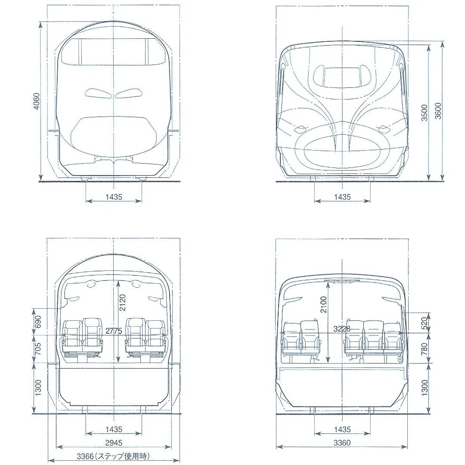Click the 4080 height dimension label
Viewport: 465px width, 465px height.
click(x=36, y=101)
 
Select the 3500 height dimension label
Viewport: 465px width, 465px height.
click(x=425, y=113)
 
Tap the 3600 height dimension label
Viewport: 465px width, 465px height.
click(x=438, y=111)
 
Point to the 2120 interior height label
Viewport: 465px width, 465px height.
click(x=122, y=303)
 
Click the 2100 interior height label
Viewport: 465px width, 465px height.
click(x=323, y=304)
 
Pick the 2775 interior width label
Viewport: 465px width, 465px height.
click(x=114, y=331)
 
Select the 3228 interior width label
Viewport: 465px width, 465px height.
click(x=341, y=329)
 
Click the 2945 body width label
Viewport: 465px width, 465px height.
click(x=114, y=443)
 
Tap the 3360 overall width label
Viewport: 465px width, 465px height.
click(x=342, y=443)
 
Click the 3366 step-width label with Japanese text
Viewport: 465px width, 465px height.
click(x=113, y=456)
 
